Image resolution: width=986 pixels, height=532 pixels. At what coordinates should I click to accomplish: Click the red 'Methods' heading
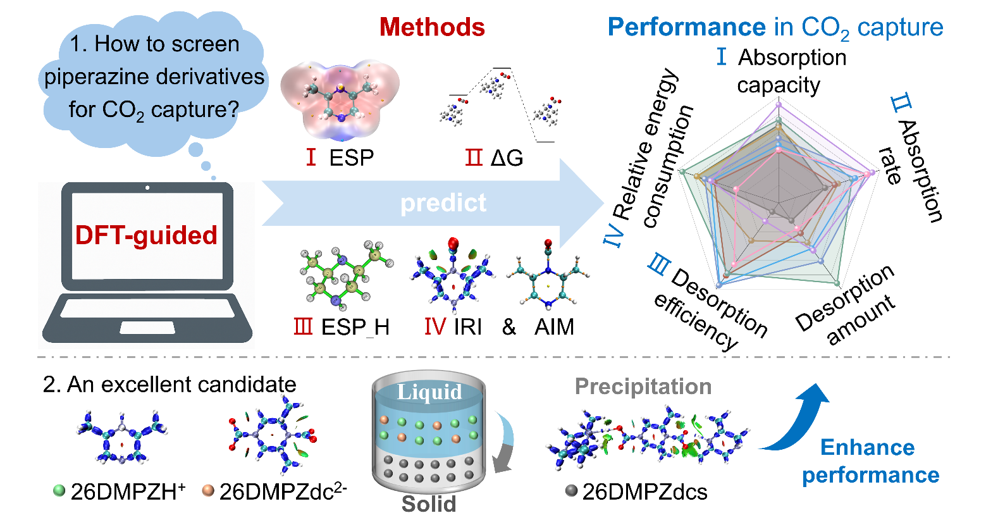pyautogui.click(x=432, y=27)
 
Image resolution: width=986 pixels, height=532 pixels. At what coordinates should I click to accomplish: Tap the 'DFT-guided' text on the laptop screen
pyautogui.click(x=146, y=235)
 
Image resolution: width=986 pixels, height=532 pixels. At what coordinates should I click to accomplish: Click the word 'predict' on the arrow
pyautogui.click(x=443, y=203)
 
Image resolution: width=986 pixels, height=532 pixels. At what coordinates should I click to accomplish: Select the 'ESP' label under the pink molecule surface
pyautogui.click(x=352, y=158)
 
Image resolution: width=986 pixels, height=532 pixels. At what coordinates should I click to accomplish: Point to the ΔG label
pyautogui.click(x=507, y=158)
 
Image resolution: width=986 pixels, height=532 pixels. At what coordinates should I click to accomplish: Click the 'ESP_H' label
pyautogui.click(x=355, y=327)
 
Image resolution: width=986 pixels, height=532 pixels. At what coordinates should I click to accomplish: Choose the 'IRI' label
pyautogui.click(x=468, y=327)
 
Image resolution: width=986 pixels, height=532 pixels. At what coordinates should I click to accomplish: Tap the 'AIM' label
pyautogui.click(x=554, y=327)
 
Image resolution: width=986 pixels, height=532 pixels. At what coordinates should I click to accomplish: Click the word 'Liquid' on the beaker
pyautogui.click(x=429, y=392)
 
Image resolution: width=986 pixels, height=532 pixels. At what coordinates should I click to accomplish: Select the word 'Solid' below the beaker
pyautogui.click(x=429, y=504)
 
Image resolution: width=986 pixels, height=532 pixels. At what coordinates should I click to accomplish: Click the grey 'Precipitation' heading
pyautogui.click(x=643, y=387)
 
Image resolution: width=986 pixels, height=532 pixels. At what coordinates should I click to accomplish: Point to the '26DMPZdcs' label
pyautogui.click(x=644, y=492)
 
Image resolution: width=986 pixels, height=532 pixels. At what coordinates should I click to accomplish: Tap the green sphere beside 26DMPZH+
pyautogui.click(x=59, y=490)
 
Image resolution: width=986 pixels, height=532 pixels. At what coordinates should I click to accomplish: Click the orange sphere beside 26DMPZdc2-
pyautogui.click(x=208, y=490)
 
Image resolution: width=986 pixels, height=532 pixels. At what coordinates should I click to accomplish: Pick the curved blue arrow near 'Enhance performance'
pyautogui.click(x=800, y=418)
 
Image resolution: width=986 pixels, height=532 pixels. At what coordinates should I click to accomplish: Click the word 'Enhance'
pyautogui.click(x=867, y=447)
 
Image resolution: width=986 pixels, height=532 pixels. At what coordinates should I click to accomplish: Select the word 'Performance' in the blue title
pyautogui.click(x=686, y=27)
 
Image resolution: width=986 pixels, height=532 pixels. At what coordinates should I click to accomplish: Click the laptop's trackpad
pyautogui.click(x=147, y=327)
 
